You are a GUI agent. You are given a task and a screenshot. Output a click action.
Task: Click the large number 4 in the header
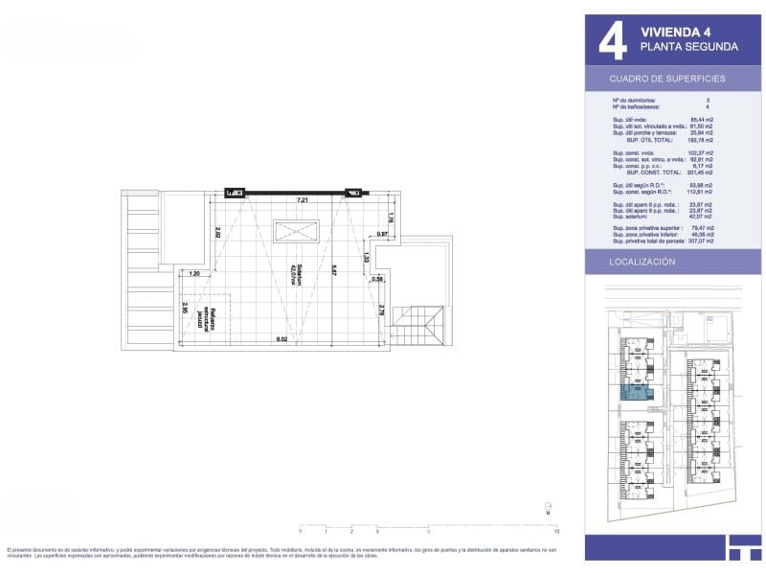coord(612,40)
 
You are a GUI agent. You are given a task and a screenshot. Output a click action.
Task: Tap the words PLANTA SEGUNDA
coord(688,47)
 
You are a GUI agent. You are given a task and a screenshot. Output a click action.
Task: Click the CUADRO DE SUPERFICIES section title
coord(667,79)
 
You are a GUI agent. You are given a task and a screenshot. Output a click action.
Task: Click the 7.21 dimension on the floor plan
coord(303,200)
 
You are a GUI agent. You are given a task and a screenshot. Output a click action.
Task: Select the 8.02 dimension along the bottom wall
coord(282,339)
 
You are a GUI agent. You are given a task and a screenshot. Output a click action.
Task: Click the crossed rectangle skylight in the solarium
coord(296,232)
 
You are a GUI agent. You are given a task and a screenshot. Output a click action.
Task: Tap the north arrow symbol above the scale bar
coord(547,508)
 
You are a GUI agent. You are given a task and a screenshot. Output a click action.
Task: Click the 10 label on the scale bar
coord(556,530)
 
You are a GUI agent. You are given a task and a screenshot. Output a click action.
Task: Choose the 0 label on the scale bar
coord(300,530)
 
